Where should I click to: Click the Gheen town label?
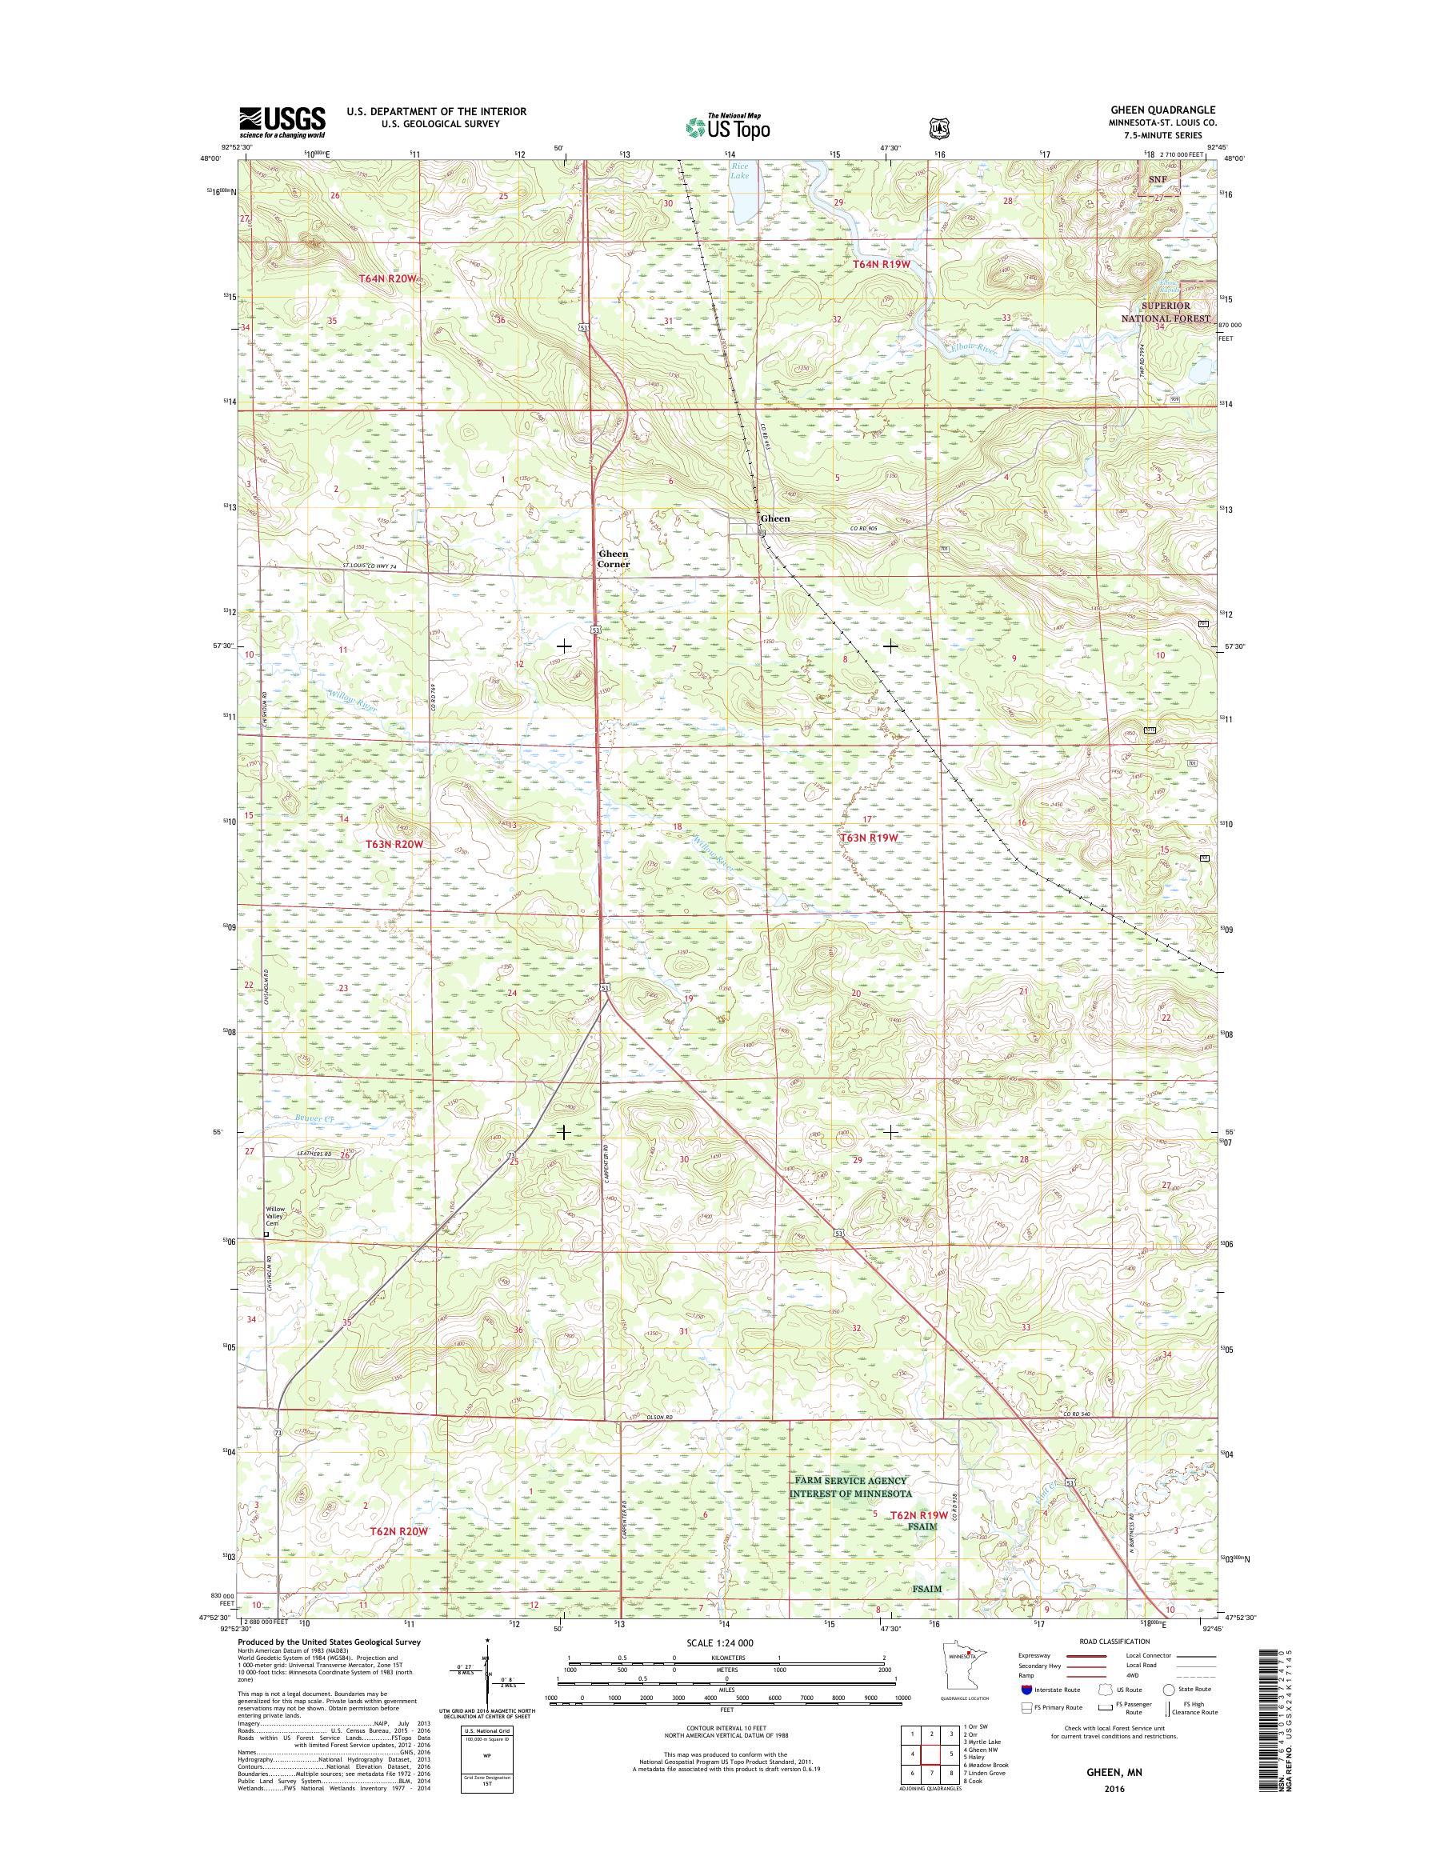pyautogui.click(x=775, y=518)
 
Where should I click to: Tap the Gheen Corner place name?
pyautogui.click(x=614, y=559)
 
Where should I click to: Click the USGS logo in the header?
pyautogui.click(x=282, y=122)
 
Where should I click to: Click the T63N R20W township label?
pyautogui.click(x=394, y=843)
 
